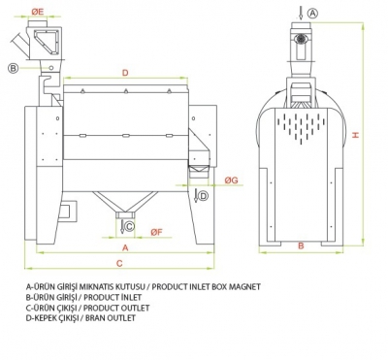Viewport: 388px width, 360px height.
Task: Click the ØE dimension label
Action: pyautogui.click(x=38, y=12)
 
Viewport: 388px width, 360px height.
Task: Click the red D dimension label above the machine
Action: pyautogui.click(x=125, y=73)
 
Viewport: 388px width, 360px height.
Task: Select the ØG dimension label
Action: pyautogui.click(x=232, y=180)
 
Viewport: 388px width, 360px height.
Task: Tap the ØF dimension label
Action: pyautogui.click(x=156, y=232)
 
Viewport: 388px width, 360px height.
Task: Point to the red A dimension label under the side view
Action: pyautogui.click(x=126, y=247)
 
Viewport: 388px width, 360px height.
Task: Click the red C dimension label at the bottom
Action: pyautogui.click(x=119, y=263)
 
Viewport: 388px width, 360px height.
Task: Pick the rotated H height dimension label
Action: pyautogui.click(x=355, y=135)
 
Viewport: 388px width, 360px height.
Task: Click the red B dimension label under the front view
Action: pyautogui.click(x=301, y=245)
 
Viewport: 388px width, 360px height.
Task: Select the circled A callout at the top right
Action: pyautogui.click(x=312, y=14)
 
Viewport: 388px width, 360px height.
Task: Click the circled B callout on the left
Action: pyautogui.click(x=14, y=68)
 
